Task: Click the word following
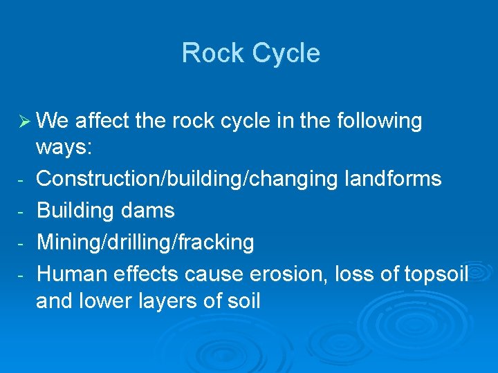[x=379, y=121]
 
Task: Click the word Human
[x=71, y=274]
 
